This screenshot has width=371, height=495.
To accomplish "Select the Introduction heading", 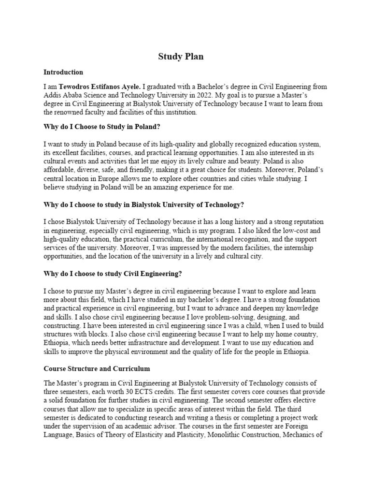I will coord(63,73).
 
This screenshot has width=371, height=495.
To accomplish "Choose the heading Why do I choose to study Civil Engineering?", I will coord(113,274).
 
